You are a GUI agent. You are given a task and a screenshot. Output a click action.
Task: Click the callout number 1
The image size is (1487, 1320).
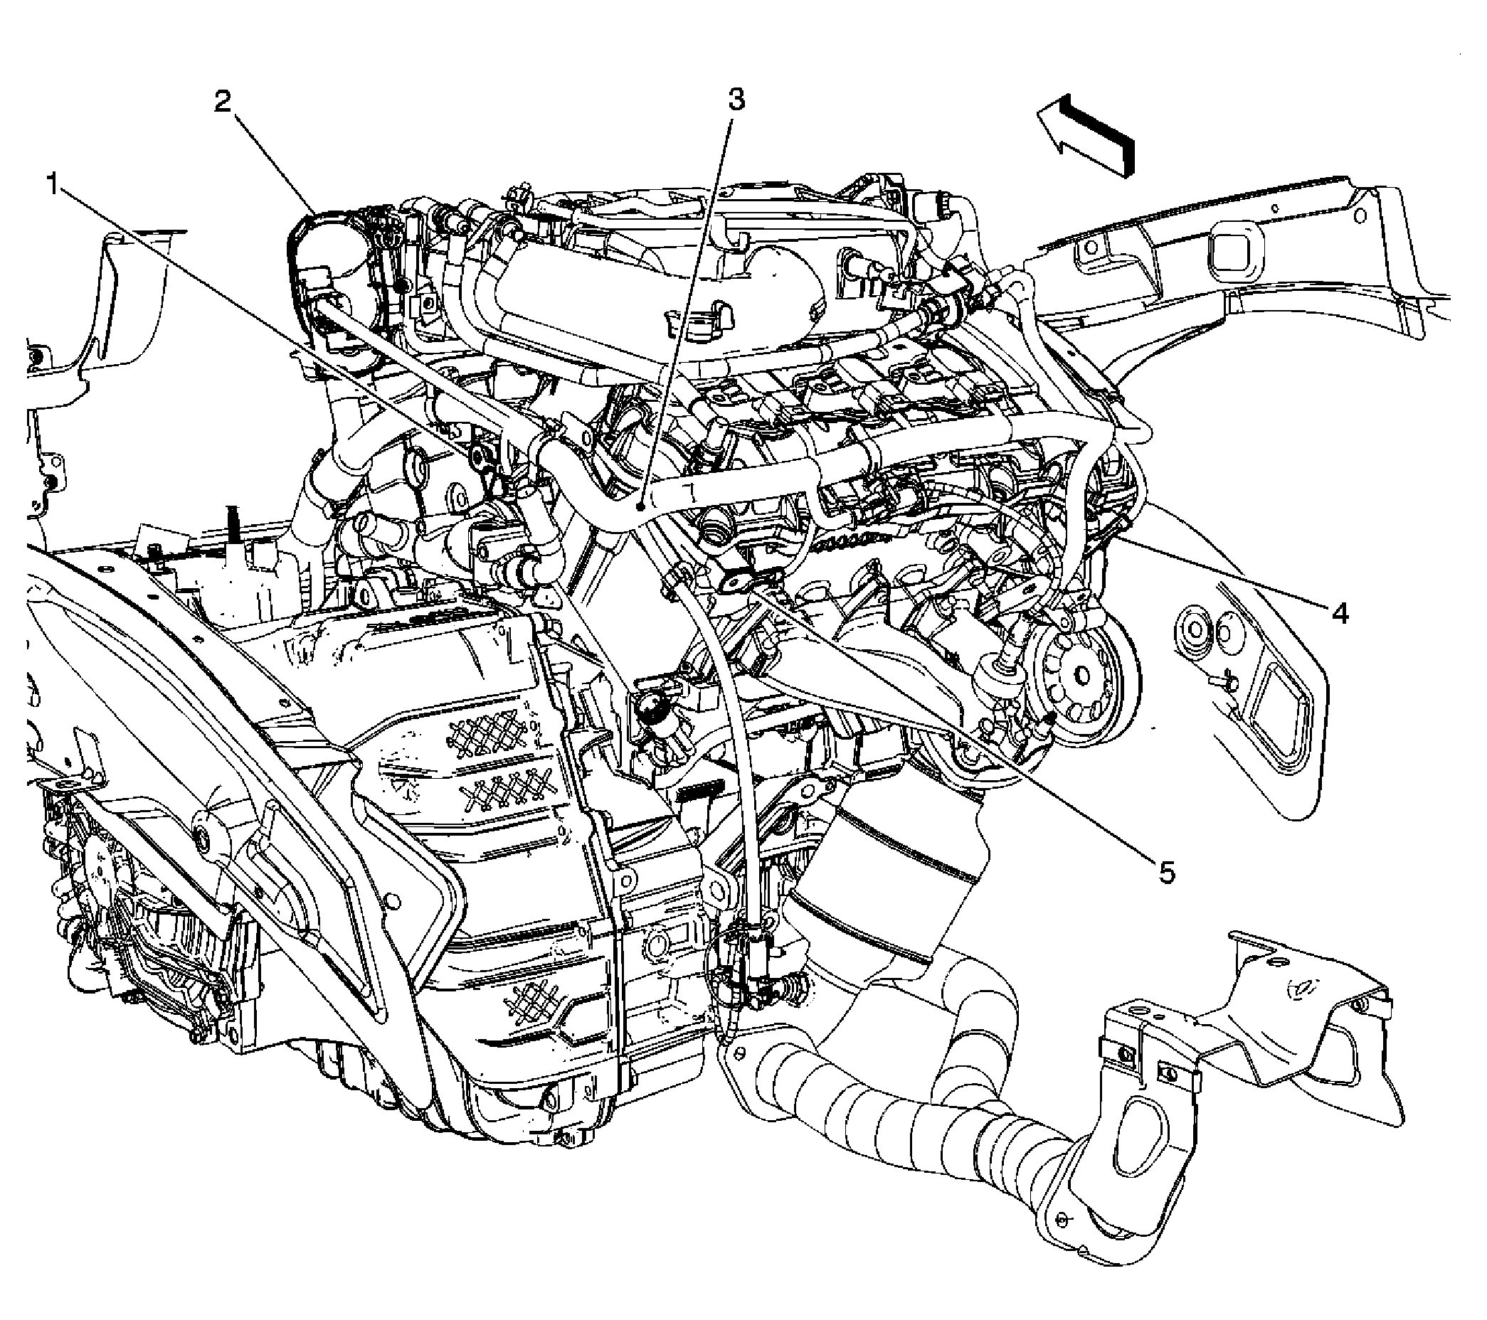point(53,184)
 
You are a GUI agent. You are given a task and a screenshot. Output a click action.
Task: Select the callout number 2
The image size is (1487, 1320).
point(222,100)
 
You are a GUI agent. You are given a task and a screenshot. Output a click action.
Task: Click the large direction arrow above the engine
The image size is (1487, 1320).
point(1086,134)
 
